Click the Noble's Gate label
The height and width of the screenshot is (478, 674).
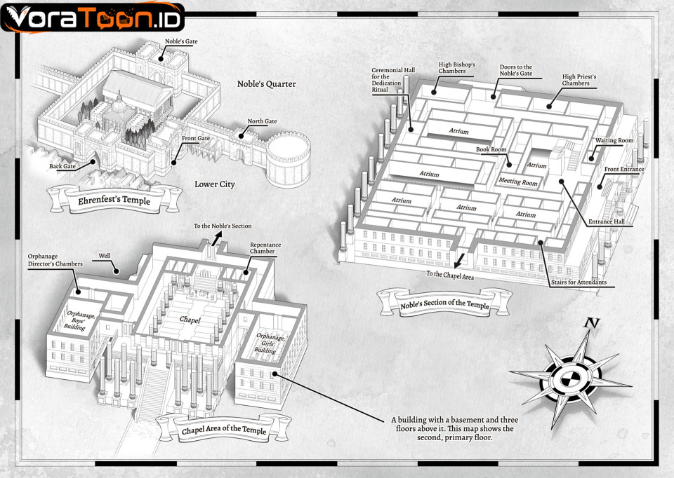(181, 41)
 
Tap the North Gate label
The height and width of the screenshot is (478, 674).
(262, 121)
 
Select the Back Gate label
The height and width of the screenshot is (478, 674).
(62, 166)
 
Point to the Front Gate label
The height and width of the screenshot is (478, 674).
(196, 138)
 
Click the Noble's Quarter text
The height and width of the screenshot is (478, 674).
(267, 83)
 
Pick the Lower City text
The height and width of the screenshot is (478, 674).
(215, 184)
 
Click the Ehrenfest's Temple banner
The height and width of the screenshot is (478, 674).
(114, 200)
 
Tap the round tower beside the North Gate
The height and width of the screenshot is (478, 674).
(288, 159)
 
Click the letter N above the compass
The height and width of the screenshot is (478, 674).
(592, 322)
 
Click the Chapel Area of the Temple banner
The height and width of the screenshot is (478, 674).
(223, 429)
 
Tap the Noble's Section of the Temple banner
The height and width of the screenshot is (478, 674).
(445, 303)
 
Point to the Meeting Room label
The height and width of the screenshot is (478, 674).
(518, 182)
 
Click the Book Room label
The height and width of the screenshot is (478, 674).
(491, 149)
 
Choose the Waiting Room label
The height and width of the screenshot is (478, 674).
(614, 140)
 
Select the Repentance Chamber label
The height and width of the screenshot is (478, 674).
(265, 247)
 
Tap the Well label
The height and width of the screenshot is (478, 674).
(105, 256)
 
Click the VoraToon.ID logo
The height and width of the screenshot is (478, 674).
(93, 17)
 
